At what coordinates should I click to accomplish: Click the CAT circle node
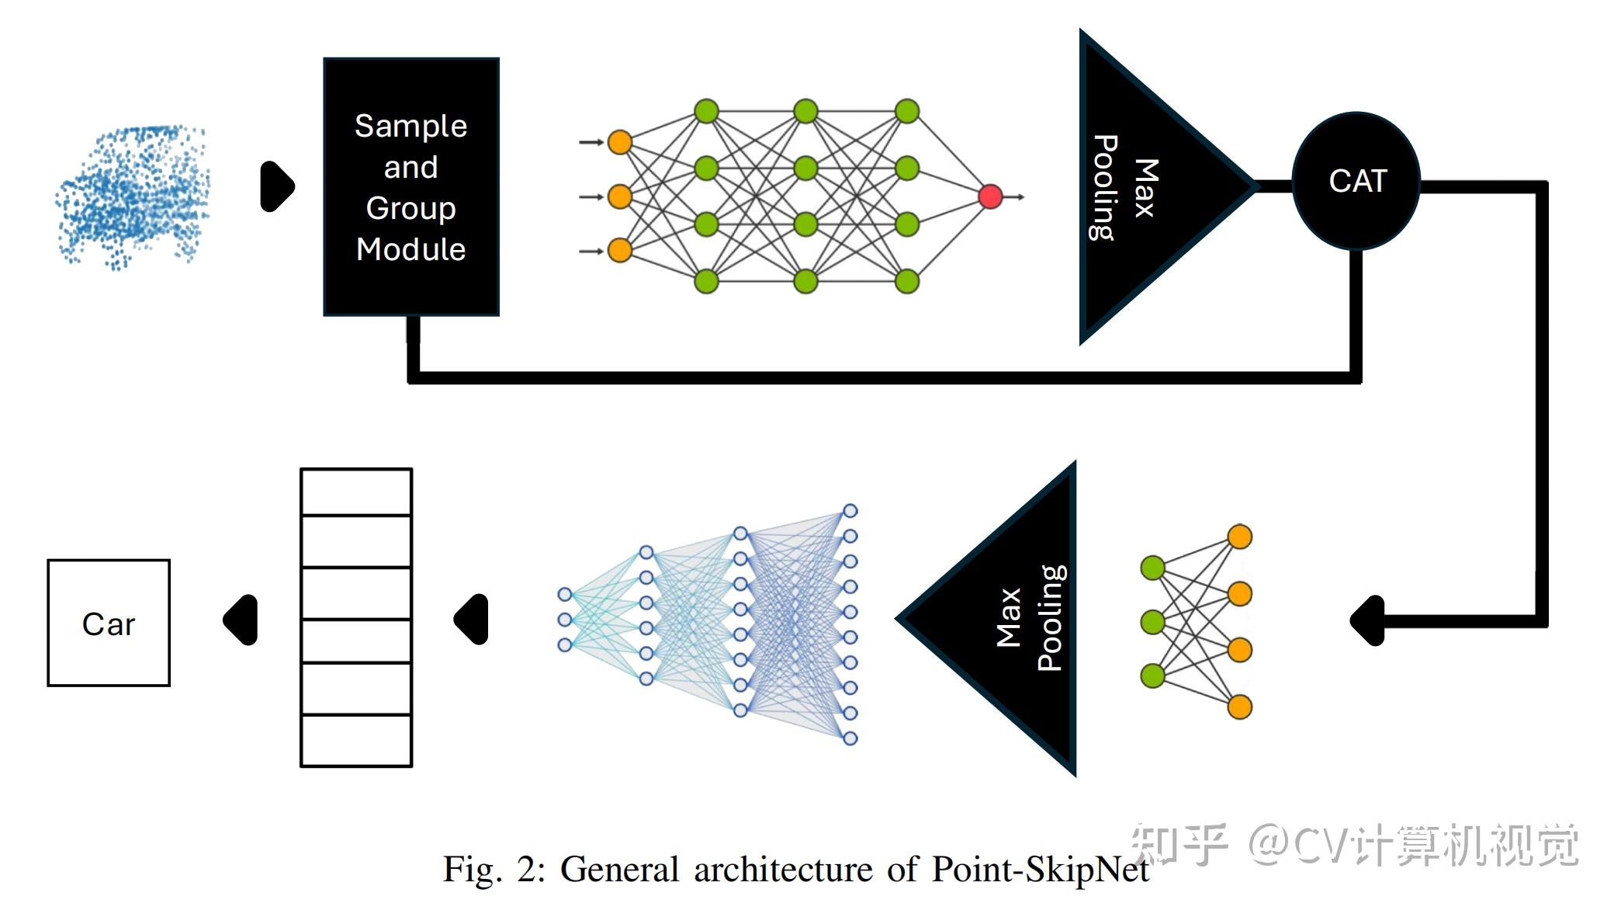click(x=1356, y=181)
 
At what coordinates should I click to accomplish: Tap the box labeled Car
click(x=109, y=623)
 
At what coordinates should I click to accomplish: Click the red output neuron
click(x=990, y=196)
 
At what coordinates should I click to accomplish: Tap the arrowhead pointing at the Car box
click(x=241, y=620)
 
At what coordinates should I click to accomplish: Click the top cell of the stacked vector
click(x=356, y=492)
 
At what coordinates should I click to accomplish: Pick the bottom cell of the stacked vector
click(x=356, y=740)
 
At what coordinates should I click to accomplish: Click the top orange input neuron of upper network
click(x=619, y=142)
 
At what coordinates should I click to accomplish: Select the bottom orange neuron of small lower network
click(x=1239, y=707)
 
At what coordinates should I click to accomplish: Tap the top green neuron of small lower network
click(x=1152, y=568)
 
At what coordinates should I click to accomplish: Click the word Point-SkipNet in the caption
click(x=1040, y=869)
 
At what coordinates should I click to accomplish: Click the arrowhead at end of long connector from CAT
click(x=1367, y=620)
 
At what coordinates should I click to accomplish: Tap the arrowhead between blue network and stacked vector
click(x=472, y=620)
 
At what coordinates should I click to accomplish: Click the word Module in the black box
click(x=410, y=249)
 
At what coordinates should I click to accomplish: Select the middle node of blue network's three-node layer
click(x=565, y=620)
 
